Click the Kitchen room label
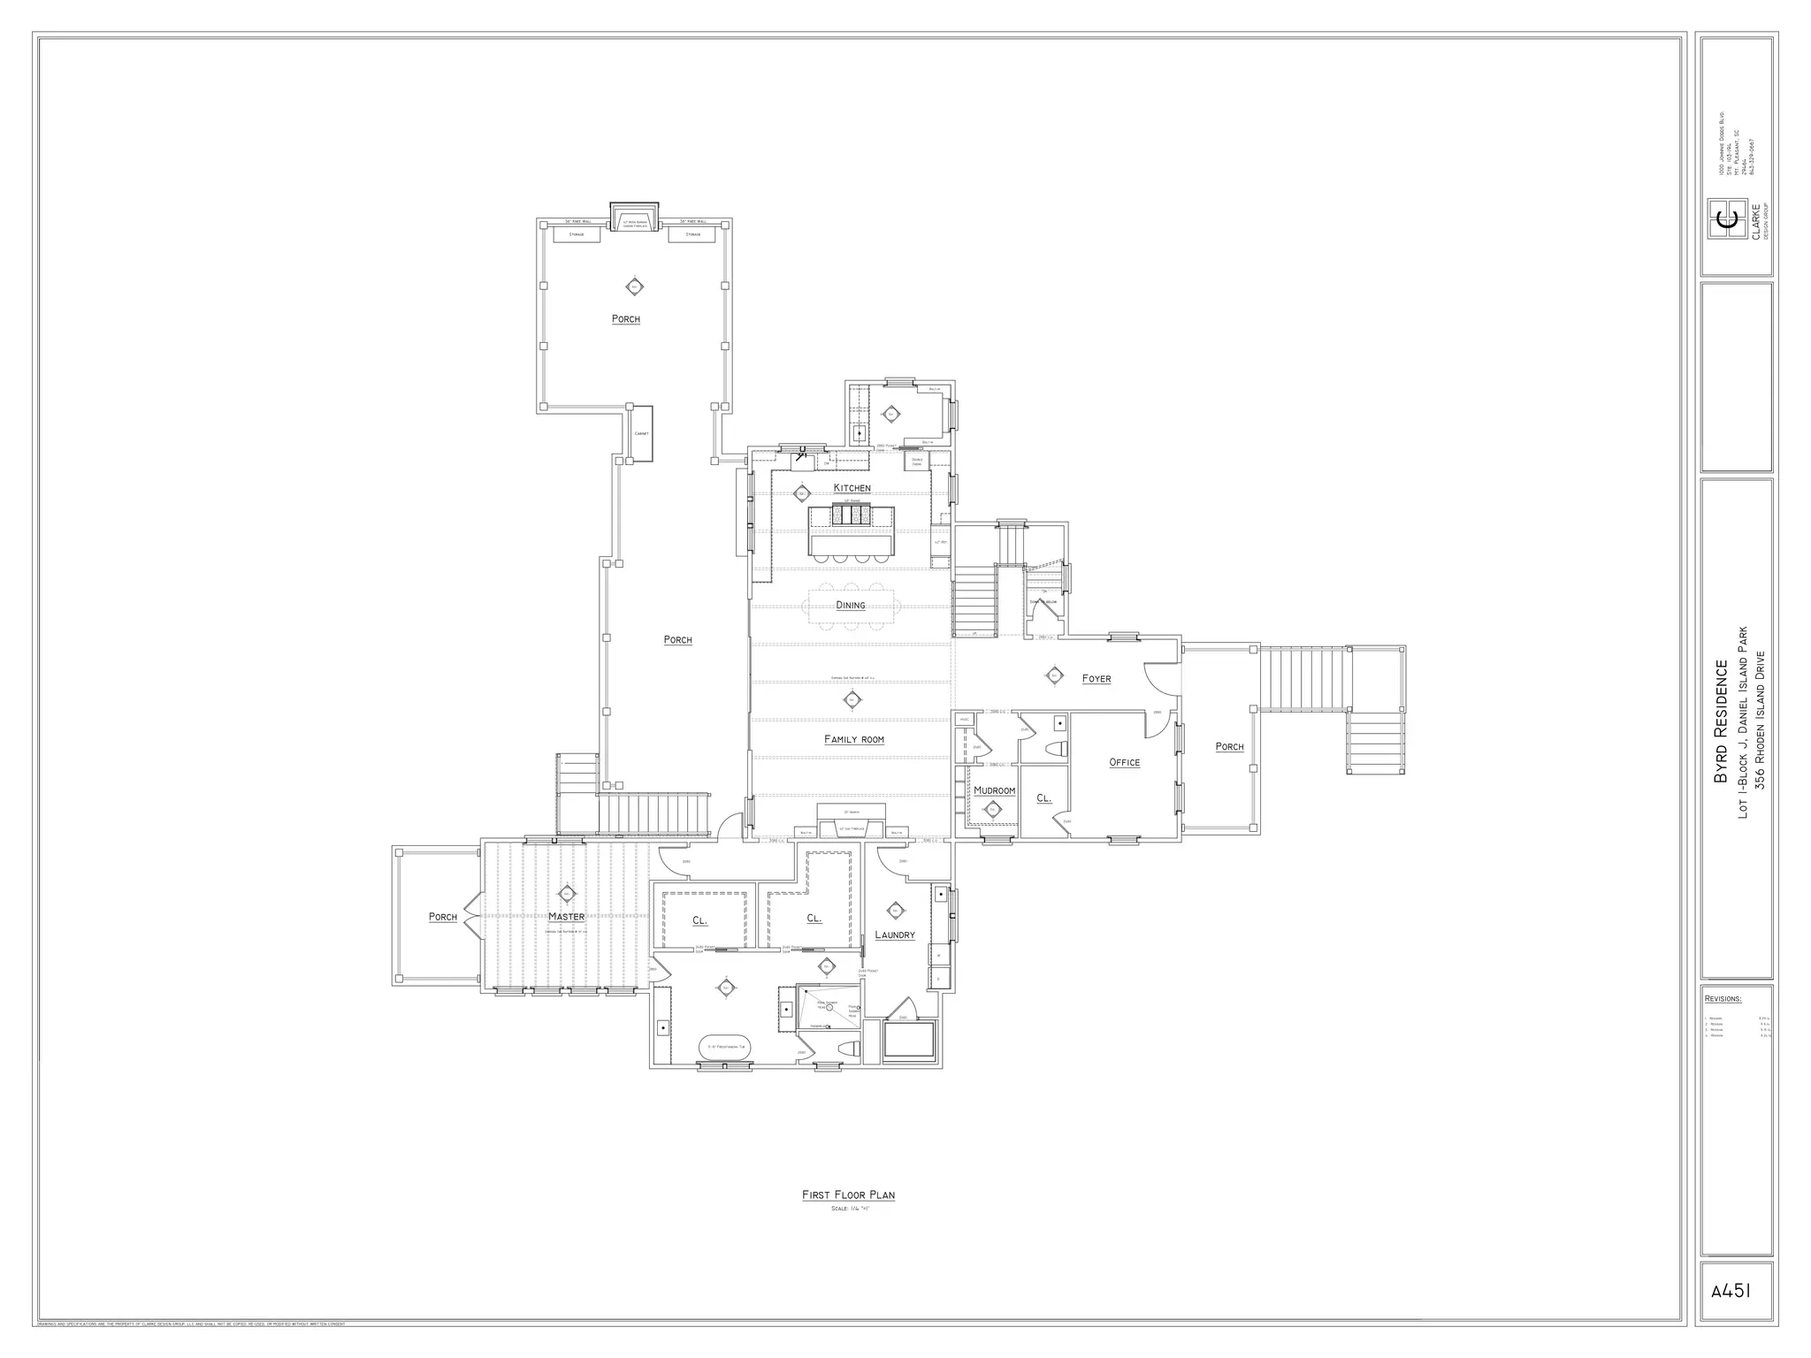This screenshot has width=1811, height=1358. (x=852, y=488)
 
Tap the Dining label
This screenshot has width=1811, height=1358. (x=851, y=606)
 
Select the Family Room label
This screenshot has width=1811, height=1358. (x=853, y=739)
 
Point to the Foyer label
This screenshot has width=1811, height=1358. (x=1097, y=679)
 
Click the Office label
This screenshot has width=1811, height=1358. (x=1124, y=762)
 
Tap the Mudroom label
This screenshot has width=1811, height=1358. (x=994, y=790)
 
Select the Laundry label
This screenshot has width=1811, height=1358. (x=894, y=935)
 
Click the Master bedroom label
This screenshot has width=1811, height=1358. (x=566, y=917)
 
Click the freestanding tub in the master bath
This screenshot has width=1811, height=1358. (x=725, y=1048)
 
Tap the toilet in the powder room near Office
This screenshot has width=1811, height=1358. (x=1055, y=750)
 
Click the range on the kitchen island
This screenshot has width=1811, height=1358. (x=852, y=515)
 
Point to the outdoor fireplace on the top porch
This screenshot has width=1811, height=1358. (x=634, y=218)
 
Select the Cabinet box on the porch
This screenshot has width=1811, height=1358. (x=641, y=433)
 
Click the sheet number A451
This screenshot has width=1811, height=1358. (x=1731, y=1290)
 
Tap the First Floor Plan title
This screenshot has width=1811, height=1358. (x=848, y=1194)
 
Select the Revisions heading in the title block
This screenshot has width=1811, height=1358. (x=1723, y=999)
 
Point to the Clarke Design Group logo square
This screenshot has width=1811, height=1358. (x=1726, y=220)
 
